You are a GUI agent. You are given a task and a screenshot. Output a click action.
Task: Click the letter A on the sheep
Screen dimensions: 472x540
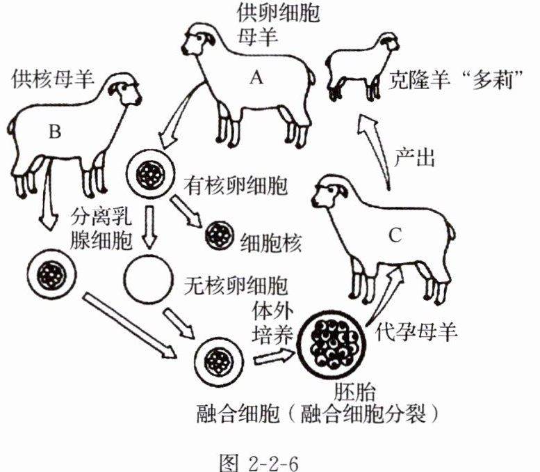[256, 79]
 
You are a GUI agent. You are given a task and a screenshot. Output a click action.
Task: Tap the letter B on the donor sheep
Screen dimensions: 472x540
[56, 130]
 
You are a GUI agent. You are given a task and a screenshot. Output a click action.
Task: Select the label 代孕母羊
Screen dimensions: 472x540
[416, 333]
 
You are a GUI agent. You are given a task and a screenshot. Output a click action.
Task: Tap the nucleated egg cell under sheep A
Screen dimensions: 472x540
[148, 174]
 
